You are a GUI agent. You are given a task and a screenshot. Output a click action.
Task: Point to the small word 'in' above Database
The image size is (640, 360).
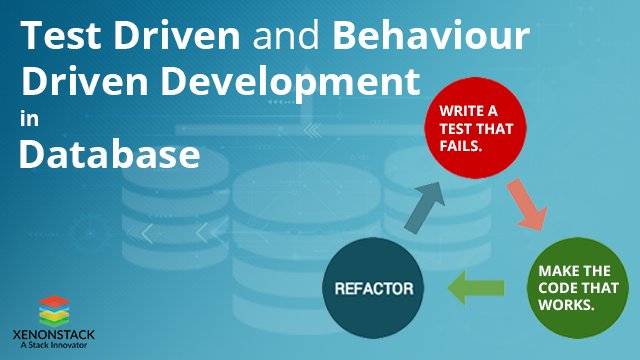point(26,118)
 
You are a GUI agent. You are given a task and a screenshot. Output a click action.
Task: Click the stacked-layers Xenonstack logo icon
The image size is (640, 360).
point(58,308)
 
